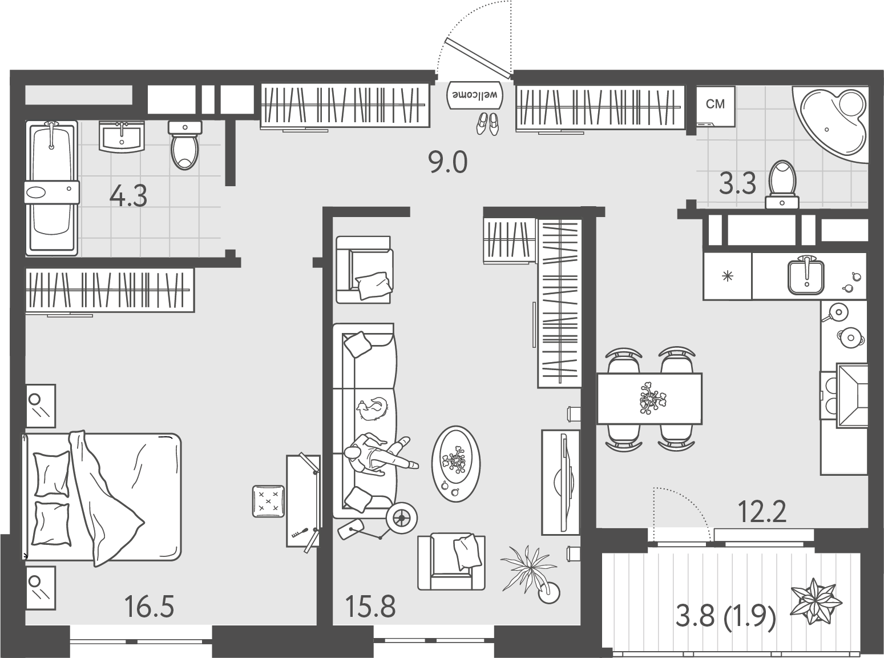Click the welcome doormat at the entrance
pyautogui.click(x=475, y=95)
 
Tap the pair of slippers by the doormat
pyautogui.click(x=487, y=124)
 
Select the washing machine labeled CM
pyautogui.click(x=716, y=106)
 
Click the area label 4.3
pyautogui.click(x=128, y=195)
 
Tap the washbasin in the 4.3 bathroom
pyautogui.click(x=121, y=137)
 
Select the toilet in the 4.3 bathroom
pyautogui.click(x=185, y=145)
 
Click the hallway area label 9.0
pyautogui.click(x=447, y=162)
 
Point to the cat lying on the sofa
pyautogui.click(x=373, y=409)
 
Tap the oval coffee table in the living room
pyautogui.click(x=455, y=464)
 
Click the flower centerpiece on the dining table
pyautogui.click(x=653, y=398)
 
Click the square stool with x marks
pyautogui.click(x=268, y=501)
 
